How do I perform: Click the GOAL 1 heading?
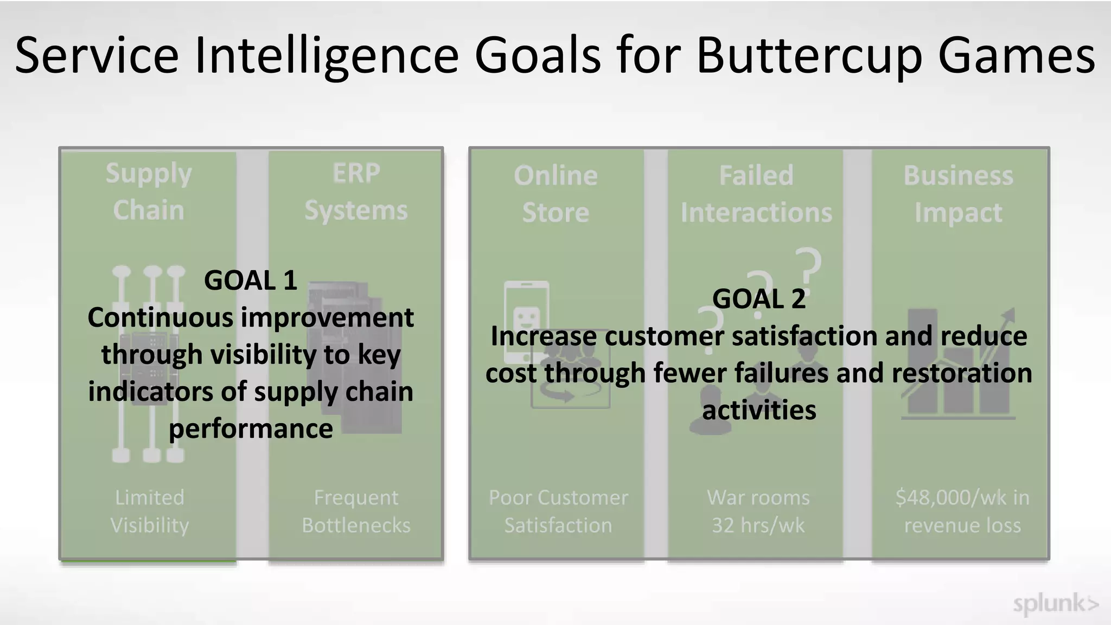click(x=250, y=280)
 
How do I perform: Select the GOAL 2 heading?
click(x=758, y=299)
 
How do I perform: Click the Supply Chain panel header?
click(x=149, y=192)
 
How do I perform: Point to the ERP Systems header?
click(x=356, y=192)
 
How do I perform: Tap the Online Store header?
click(x=555, y=194)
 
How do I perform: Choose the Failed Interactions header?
click(x=756, y=194)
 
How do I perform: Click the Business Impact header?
click(x=958, y=194)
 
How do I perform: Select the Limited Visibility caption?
click(x=150, y=511)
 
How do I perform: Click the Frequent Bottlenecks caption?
click(x=356, y=511)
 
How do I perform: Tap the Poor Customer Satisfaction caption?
click(x=558, y=511)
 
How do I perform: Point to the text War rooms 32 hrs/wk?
click(x=758, y=511)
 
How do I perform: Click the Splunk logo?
click(x=1055, y=604)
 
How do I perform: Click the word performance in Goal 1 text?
click(x=251, y=429)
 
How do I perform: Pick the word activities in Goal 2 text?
click(x=759, y=410)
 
